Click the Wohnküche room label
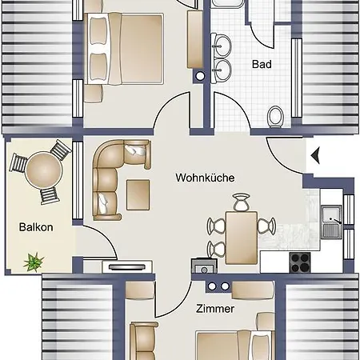click(205, 178)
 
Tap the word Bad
click(262, 64)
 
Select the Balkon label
click(36, 227)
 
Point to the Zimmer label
click(215, 309)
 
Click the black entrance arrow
click(315, 156)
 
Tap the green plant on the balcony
click(34, 262)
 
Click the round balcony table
click(44, 170)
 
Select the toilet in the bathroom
click(276, 117)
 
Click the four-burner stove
click(300, 262)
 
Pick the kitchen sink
click(331, 222)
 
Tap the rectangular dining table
click(242, 238)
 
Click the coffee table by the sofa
click(138, 194)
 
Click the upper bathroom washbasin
click(222, 45)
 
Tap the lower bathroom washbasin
click(222, 70)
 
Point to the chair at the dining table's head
click(242, 202)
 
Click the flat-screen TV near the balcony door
click(127, 266)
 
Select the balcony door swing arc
click(106, 236)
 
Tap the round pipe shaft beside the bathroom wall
click(200, 76)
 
